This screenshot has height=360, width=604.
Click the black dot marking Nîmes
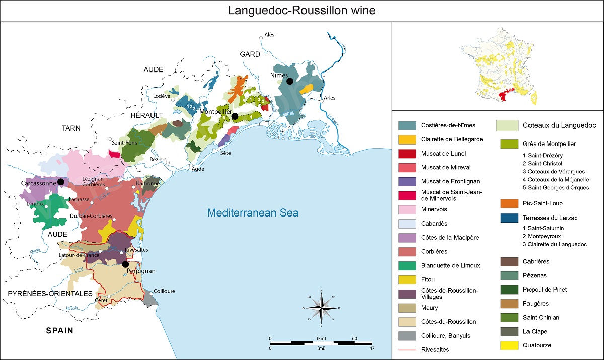(x=290, y=81)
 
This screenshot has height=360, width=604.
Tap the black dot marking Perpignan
(x=125, y=263)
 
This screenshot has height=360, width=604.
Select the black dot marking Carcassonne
(x=60, y=182)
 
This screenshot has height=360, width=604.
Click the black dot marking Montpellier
(x=234, y=116)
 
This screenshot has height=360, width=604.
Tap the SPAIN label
(x=59, y=331)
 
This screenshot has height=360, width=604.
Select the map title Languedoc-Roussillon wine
(x=301, y=11)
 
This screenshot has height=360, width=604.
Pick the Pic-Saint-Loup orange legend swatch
(x=509, y=204)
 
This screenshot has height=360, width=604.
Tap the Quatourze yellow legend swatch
(x=509, y=346)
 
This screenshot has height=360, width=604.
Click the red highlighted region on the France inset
(x=505, y=95)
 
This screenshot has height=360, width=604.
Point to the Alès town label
(x=269, y=35)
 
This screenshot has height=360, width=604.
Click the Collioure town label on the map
(x=164, y=290)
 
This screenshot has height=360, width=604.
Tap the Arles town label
(x=330, y=98)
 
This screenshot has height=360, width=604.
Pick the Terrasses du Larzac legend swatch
(x=509, y=218)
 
